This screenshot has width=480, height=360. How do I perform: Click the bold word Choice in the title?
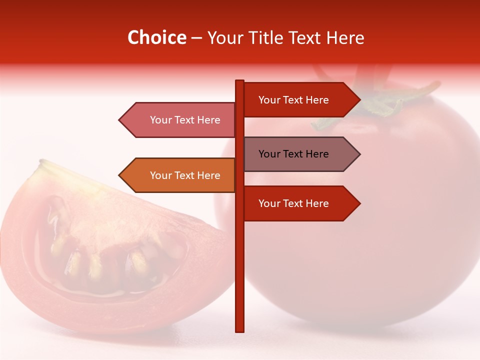pos(156,38)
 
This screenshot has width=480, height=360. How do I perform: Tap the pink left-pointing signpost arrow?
pos(180,120)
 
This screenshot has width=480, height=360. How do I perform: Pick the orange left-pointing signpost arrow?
pos(180,175)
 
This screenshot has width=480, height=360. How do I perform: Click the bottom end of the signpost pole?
pos(239,329)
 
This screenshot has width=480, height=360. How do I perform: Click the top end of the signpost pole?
pos(239,82)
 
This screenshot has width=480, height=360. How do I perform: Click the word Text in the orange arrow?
pos(185,175)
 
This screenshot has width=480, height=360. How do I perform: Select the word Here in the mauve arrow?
pos(317,154)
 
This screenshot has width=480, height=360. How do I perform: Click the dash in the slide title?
pos(196,38)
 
